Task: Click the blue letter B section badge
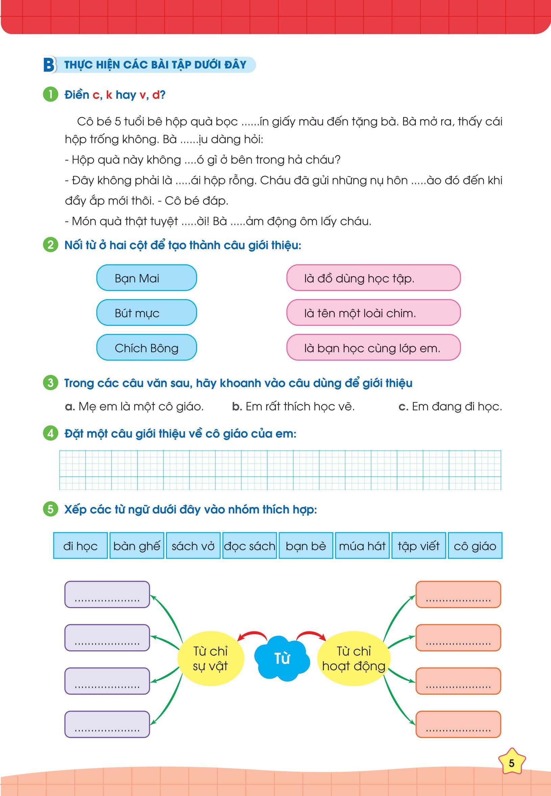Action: [x=49, y=65]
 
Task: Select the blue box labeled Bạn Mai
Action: [x=146, y=278]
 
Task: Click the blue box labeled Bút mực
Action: [x=146, y=313]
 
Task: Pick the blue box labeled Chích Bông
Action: [x=146, y=347]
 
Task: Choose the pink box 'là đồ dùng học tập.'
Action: [x=373, y=278]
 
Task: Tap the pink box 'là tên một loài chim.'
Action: [x=373, y=313]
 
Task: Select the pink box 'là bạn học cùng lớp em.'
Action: [x=373, y=347]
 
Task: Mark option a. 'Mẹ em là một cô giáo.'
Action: [x=134, y=407]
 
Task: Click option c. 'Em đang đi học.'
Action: [x=450, y=407]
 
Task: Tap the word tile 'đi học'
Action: [x=80, y=546]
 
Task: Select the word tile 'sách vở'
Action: [x=193, y=546]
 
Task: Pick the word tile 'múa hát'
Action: [x=362, y=546]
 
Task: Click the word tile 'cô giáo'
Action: [x=475, y=546]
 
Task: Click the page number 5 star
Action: [x=512, y=763]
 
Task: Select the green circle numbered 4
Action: [x=50, y=434]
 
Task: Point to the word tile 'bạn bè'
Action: [x=306, y=546]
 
